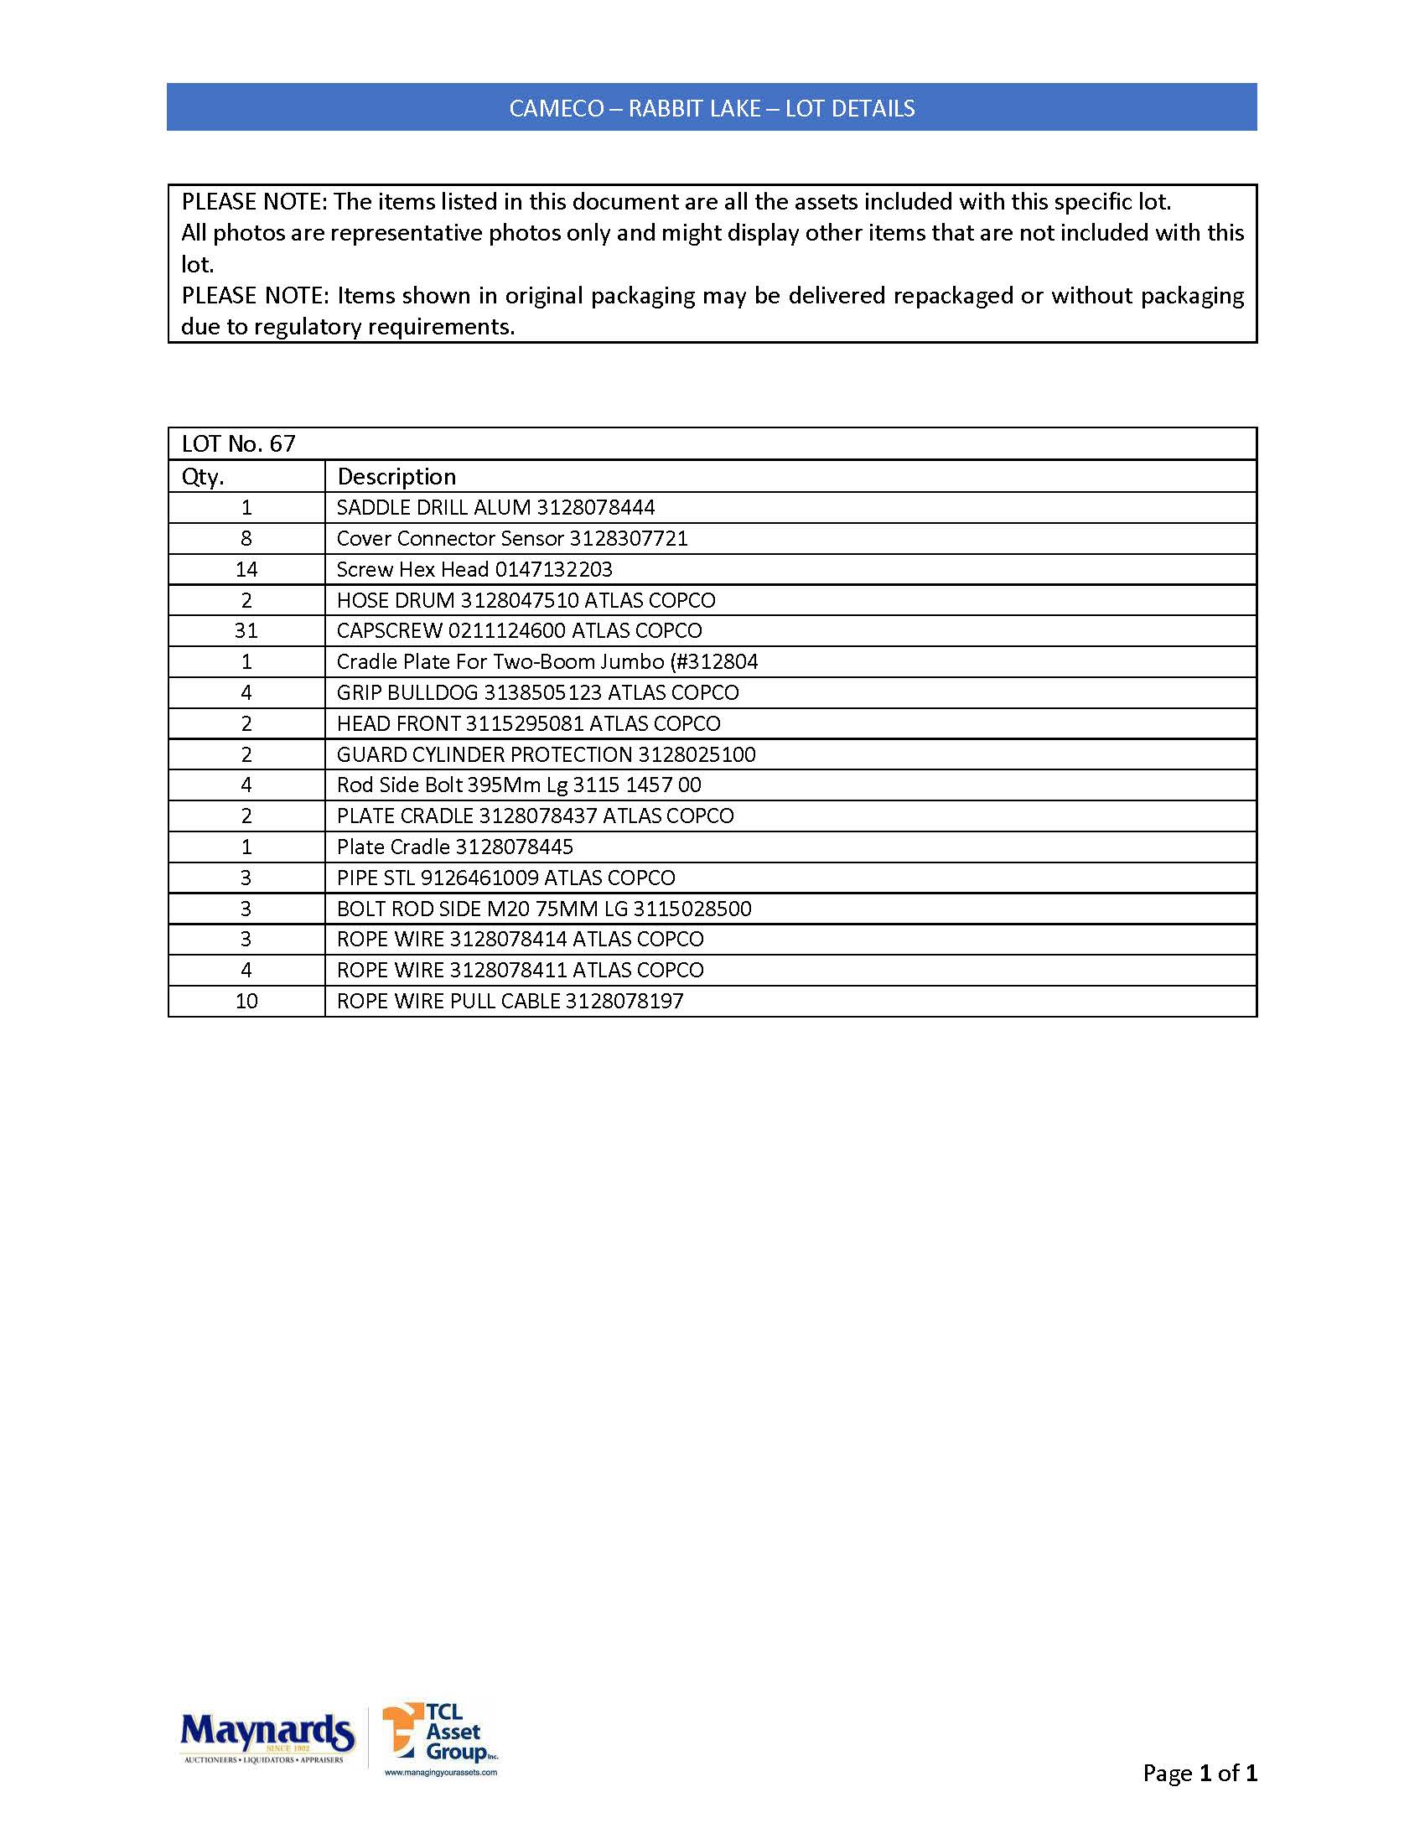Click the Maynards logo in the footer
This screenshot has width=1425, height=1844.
point(267,1735)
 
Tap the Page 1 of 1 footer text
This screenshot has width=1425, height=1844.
point(1199,1772)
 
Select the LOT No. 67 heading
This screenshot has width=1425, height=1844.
point(239,444)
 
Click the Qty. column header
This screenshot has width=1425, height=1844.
point(204,477)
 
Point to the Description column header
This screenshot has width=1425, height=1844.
point(396,477)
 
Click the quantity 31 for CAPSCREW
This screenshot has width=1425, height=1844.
point(246,630)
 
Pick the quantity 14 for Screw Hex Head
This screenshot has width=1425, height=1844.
point(246,569)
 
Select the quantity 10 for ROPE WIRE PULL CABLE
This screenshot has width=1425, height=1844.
point(246,1002)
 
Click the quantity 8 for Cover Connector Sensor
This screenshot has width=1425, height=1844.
point(246,539)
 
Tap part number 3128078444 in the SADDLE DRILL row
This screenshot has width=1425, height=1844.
point(596,507)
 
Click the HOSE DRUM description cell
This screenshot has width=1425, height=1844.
point(526,600)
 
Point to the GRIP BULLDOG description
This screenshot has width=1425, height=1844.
point(538,692)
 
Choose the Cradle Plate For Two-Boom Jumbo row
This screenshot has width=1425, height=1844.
point(547,662)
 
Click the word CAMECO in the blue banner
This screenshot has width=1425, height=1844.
point(557,109)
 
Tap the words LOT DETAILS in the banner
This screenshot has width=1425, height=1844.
point(850,109)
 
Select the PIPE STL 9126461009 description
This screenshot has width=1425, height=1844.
point(505,878)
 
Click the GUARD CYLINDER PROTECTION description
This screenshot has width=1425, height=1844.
point(547,755)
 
